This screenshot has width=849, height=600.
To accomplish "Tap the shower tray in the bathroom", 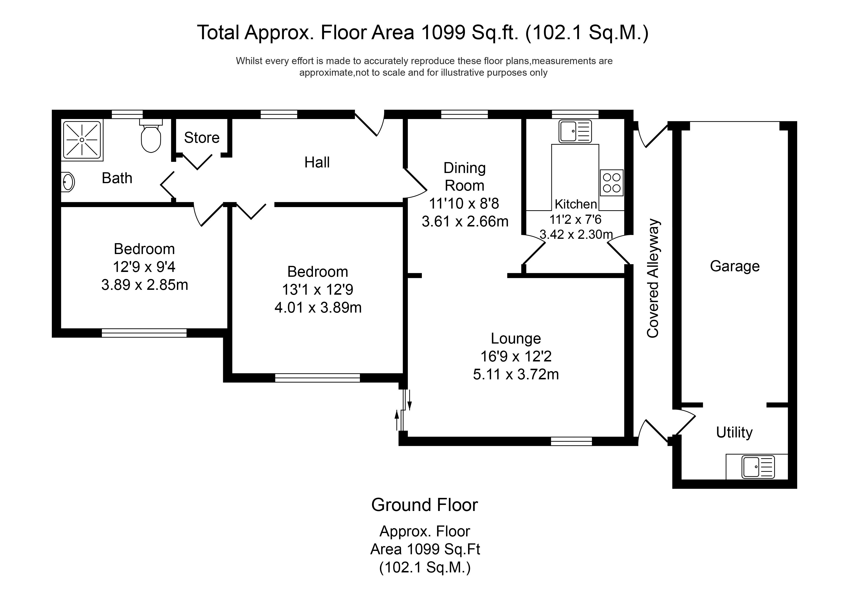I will click(x=82, y=140).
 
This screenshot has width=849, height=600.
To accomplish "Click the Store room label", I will click(x=202, y=137).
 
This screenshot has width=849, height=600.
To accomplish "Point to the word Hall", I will click(x=317, y=162).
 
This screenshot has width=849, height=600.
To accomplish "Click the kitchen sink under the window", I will click(x=575, y=131).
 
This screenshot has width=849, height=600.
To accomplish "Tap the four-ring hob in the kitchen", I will click(x=612, y=183).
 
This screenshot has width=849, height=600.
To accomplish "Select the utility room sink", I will click(x=758, y=467).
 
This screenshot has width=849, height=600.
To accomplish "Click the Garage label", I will click(x=734, y=266).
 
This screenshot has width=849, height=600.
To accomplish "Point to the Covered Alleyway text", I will click(x=653, y=278).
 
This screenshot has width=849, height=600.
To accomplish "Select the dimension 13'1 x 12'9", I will click(x=317, y=289).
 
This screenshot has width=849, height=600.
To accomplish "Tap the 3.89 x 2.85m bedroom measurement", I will click(x=144, y=285).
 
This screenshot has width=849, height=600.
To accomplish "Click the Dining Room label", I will click(x=464, y=177).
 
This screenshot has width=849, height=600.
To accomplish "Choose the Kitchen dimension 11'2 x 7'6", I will click(x=575, y=219).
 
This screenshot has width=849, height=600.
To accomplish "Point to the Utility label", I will click(x=734, y=432).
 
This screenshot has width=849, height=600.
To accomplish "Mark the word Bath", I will click(x=117, y=178).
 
